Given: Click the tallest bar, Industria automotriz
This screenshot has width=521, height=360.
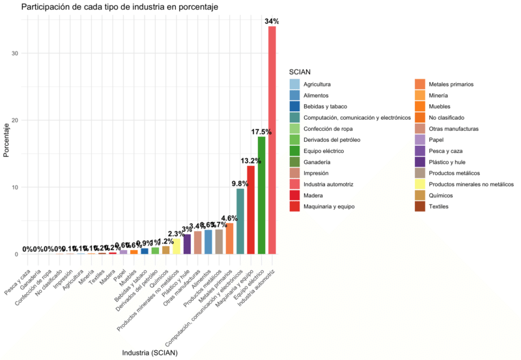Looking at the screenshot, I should [272, 140].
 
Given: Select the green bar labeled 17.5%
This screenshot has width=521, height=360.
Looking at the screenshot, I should [262, 195].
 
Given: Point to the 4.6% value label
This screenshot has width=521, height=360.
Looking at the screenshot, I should [229, 218].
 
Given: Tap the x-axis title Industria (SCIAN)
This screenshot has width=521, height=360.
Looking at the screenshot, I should [150, 352].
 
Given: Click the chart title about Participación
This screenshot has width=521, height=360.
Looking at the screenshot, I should [119, 7].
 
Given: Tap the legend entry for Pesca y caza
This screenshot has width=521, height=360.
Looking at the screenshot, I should [445, 151].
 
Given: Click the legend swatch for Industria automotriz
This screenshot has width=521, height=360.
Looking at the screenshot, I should [294, 184].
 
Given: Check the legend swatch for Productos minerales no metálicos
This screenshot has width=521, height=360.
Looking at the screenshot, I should [420, 184].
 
